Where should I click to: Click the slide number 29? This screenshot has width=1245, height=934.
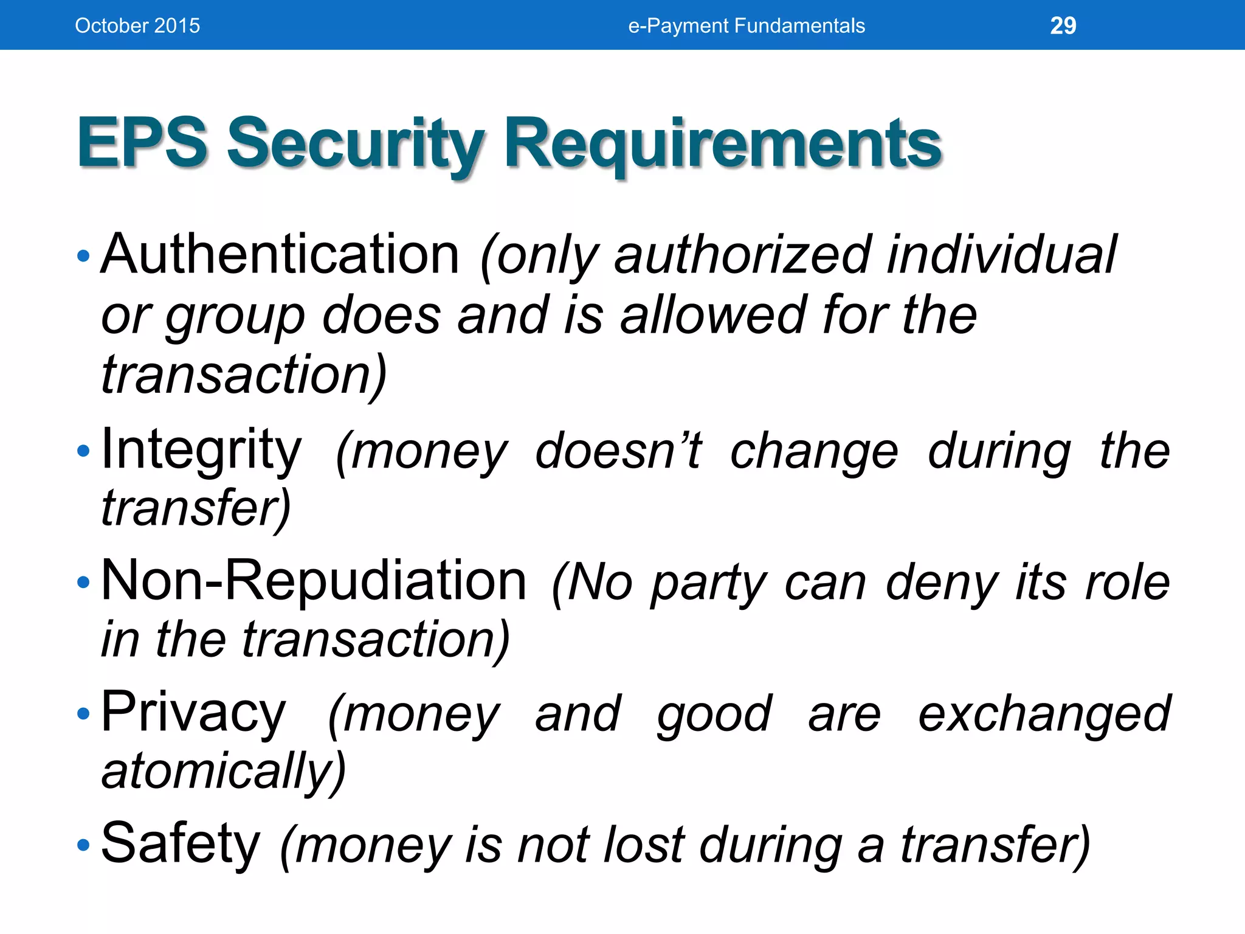pos(1063,26)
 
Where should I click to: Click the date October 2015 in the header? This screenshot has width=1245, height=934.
pos(137,26)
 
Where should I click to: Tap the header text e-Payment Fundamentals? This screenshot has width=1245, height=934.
pos(746,26)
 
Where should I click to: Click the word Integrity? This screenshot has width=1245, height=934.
pos(201,450)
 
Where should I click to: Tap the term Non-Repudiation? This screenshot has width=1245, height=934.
pos(314,581)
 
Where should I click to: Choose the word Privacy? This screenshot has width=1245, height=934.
pos(193,713)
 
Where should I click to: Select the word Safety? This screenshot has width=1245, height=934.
pos(181,844)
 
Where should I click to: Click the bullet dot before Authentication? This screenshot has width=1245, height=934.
pos(83,256)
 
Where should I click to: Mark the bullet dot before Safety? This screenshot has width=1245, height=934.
pos(83,845)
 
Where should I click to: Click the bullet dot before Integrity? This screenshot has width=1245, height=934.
pos(83,451)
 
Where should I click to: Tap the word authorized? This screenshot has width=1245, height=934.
pos(743,255)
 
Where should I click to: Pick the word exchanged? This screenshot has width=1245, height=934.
pos(1043,714)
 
